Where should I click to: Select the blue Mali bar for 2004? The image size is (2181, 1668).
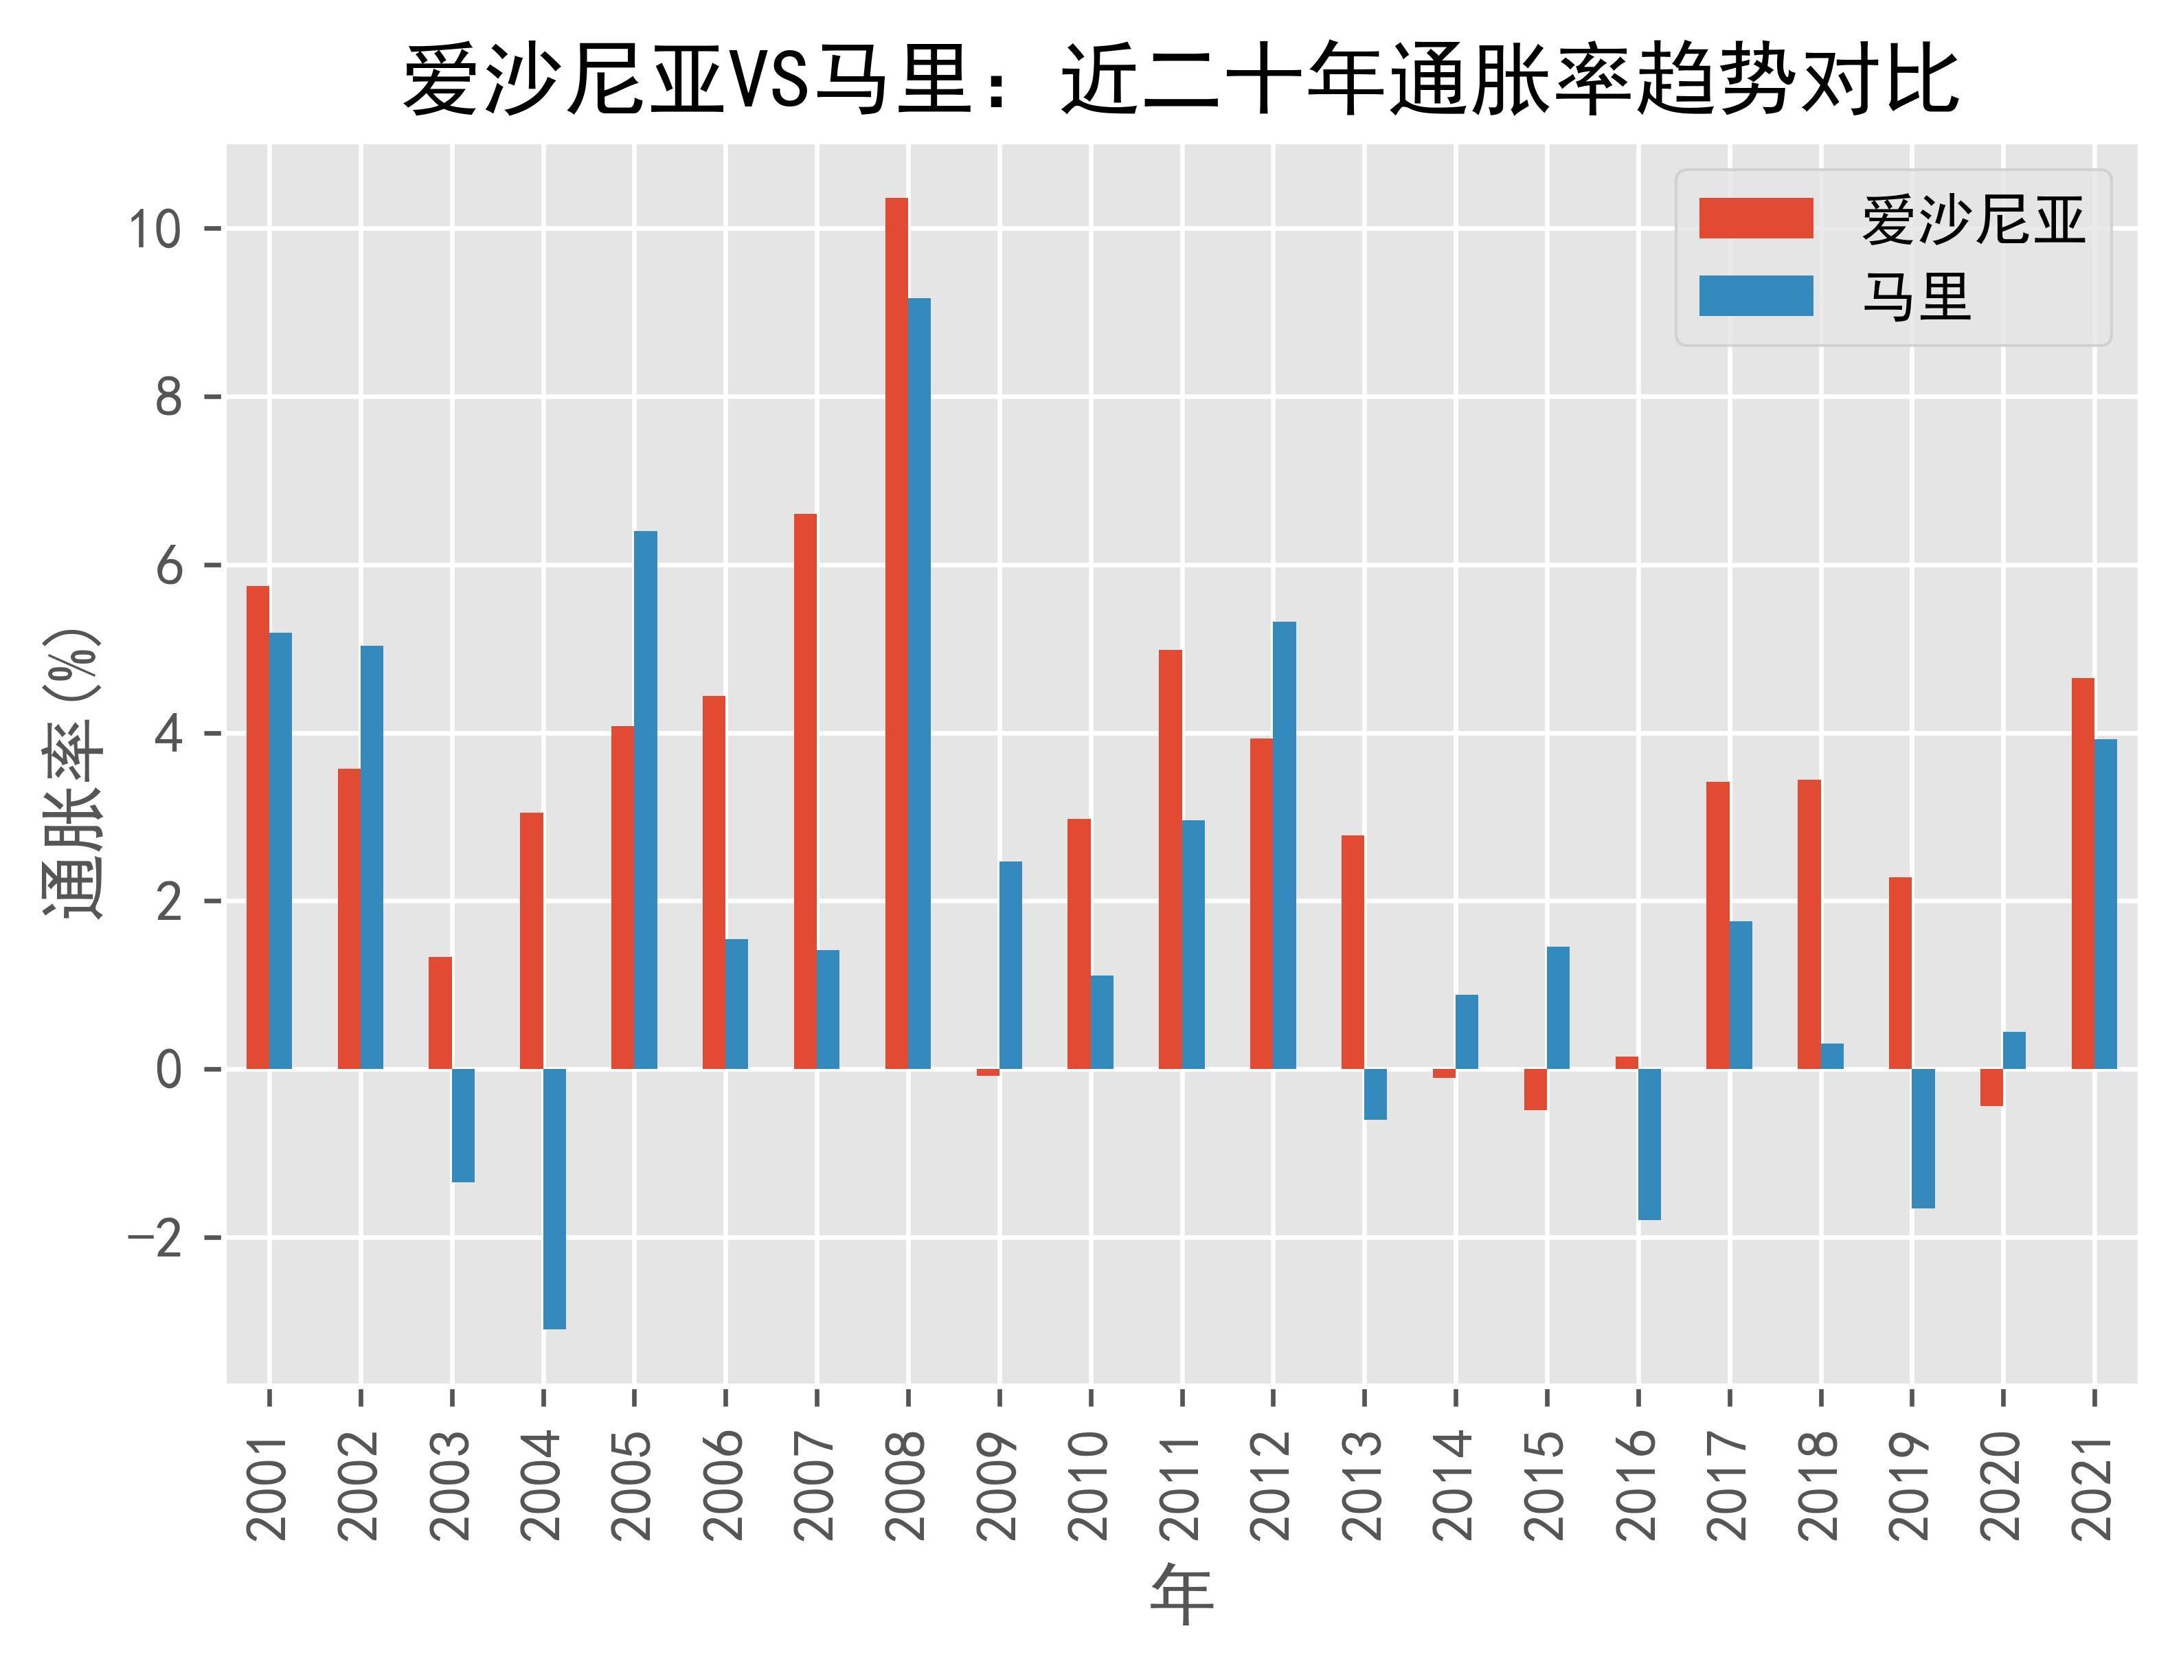[554, 1198]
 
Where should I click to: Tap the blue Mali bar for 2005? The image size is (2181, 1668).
[645, 800]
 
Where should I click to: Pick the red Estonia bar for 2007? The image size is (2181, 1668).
[805, 791]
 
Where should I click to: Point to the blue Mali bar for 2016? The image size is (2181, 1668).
[1649, 1144]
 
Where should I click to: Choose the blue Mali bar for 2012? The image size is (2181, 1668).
[1284, 846]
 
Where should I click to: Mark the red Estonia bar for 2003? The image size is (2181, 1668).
[440, 1013]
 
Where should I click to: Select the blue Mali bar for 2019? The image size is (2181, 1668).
[1923, 1138]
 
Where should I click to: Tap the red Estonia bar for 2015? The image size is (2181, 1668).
[1535, 1089]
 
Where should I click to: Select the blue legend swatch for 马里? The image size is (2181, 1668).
[1755, 296]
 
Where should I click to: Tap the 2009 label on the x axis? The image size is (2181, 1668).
[999, 1485]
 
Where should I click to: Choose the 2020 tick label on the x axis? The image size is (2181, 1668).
[2002, 1485]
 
